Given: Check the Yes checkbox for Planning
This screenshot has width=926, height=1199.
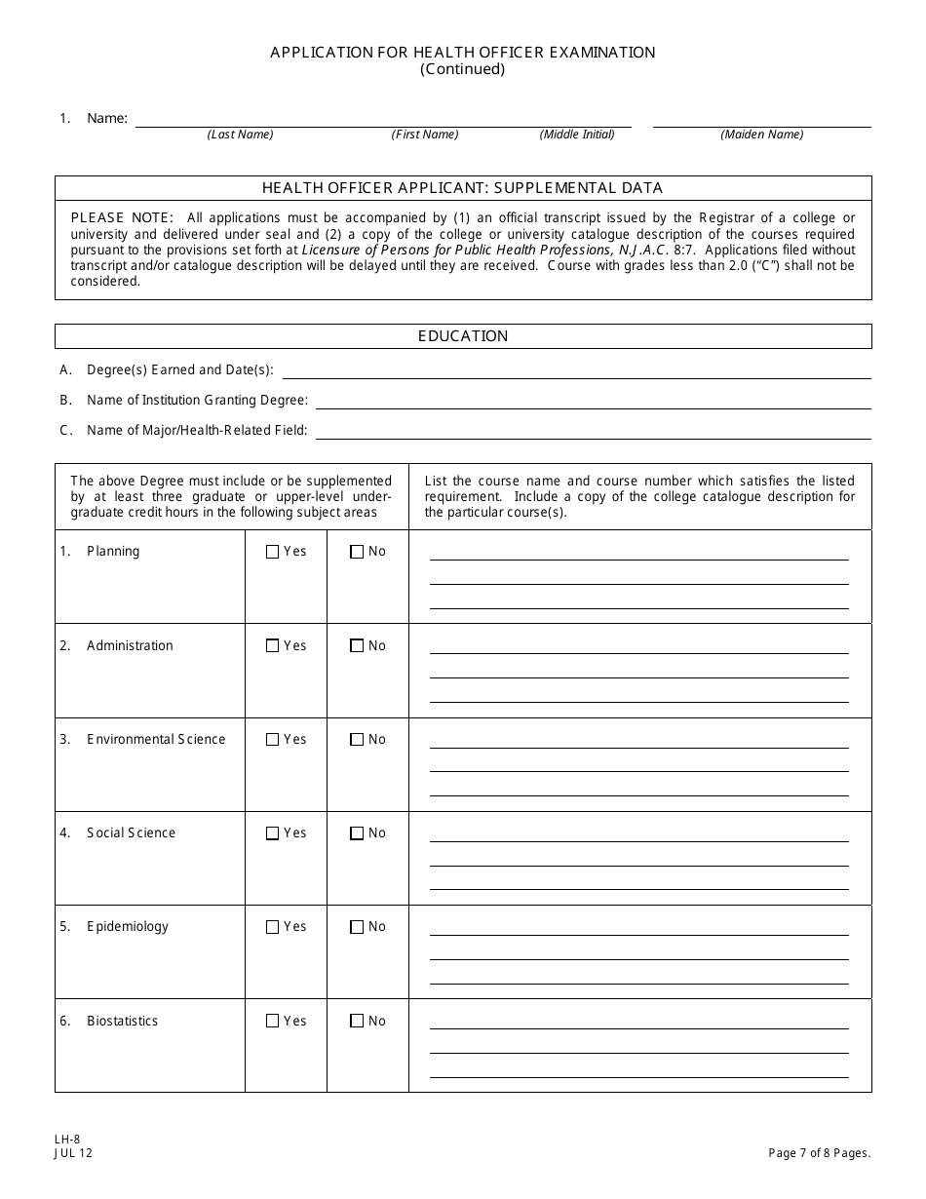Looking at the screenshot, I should tap(272, 552).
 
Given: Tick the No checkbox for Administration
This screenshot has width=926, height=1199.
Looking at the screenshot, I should tap(357, 645).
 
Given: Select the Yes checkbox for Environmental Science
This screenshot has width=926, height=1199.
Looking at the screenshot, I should tap(272, 740).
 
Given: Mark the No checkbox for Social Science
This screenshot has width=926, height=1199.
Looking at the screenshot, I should tap(357, 833).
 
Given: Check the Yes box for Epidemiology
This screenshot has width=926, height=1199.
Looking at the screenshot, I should tap(272, 927).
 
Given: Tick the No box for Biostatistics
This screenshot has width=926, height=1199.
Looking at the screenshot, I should tap(357, 1022).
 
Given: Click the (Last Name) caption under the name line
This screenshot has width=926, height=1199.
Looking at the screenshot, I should tap(240, 135).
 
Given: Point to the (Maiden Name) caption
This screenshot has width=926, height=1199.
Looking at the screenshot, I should tap(761, 135).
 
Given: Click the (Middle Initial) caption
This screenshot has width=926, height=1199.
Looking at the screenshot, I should tap(577, 135).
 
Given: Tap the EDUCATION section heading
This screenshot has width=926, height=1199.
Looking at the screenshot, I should tap(463, 336).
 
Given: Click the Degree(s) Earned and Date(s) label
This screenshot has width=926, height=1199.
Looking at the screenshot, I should tap(179, 370).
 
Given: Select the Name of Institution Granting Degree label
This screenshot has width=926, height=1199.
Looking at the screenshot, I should tap(197, 400).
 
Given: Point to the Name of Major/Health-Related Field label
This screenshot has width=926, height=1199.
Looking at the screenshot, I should tap(197, 430).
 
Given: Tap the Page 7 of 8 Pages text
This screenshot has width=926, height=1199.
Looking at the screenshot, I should tap(819, 1153).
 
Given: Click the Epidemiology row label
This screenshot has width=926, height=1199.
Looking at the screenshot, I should tap(127, 927).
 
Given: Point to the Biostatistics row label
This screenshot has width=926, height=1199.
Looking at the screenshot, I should tap(122, 1022).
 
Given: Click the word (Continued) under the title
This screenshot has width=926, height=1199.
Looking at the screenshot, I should tap(463, 69).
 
